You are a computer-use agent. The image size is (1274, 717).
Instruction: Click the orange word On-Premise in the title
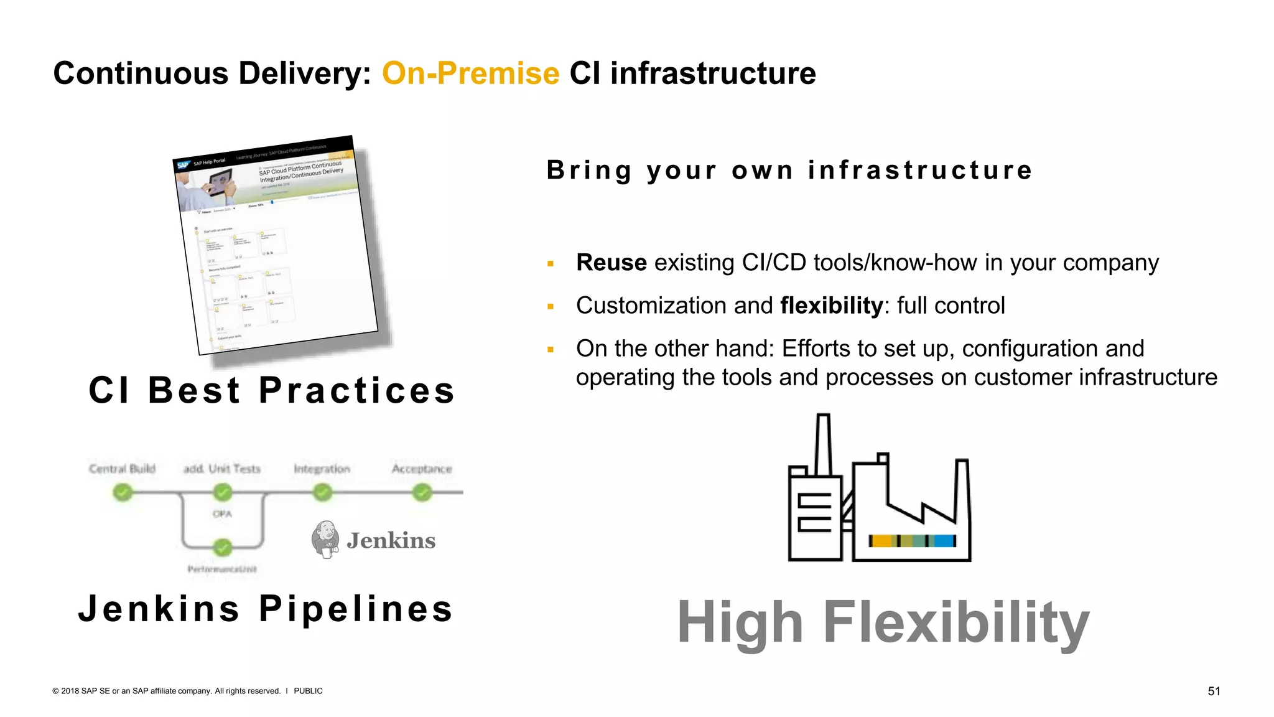(470, 73)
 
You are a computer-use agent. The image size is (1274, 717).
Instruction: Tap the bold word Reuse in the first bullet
(611, 263)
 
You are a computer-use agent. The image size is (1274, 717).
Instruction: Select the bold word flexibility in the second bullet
(831, 306)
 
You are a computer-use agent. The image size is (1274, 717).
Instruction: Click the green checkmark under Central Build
(123, 493)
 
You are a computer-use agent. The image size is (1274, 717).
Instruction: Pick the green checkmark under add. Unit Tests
(222, 493)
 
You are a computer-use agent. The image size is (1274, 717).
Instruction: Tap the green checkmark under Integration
(322, 493)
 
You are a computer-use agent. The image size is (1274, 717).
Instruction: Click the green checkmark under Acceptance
(422, 493)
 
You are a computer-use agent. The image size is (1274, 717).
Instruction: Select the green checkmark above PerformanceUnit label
(222, 548)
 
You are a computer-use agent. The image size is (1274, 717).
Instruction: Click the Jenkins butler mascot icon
(325, 539)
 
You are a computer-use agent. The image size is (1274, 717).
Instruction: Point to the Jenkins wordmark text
(391, 541)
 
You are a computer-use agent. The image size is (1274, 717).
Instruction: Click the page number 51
(1214, 691)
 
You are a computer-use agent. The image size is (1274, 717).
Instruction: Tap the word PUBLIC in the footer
(308, 691)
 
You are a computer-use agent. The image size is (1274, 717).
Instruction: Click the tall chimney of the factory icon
(823, 445)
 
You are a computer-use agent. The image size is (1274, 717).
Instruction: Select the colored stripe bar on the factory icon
(912, 541)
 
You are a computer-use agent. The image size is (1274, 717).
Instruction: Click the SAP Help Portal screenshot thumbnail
(277, 246)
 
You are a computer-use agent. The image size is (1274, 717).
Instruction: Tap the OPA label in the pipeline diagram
(222, 514)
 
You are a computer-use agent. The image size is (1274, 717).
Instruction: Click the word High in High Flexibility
(740, 622)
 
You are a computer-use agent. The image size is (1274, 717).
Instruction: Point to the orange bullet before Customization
(551, 306)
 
